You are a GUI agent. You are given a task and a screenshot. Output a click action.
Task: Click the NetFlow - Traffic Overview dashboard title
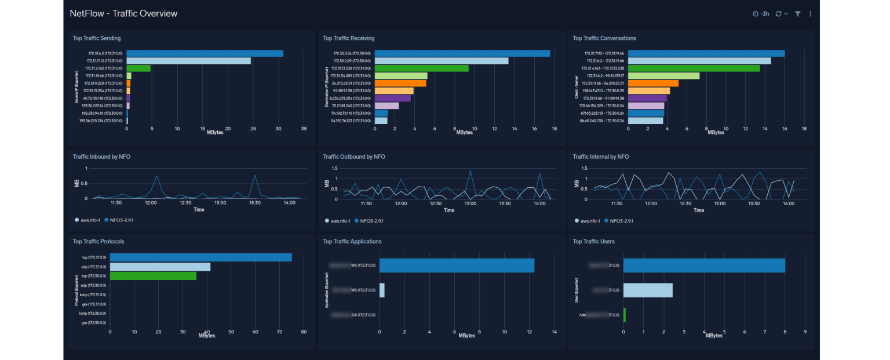pos(123,13)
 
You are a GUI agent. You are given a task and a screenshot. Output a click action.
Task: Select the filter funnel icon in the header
pos(797,14)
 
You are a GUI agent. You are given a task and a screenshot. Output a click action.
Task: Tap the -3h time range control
pos(761,14)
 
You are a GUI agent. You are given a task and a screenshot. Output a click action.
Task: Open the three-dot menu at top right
pos(810,14)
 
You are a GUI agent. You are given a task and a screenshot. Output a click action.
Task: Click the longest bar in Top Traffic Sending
pos(205,53)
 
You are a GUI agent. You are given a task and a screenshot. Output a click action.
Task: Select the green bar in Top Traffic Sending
pos(138,68)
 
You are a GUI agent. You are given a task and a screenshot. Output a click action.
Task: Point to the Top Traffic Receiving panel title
pos(349,38)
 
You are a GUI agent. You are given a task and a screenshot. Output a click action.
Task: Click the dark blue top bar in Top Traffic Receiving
pos(462,53)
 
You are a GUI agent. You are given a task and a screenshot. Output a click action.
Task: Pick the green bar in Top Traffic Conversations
pos(694,68)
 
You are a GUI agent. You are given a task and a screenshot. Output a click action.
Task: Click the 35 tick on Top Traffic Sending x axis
pos(304,129)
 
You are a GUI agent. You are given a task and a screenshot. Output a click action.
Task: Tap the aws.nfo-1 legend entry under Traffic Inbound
pos(90,220)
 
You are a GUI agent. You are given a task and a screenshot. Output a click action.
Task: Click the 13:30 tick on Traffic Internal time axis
pos(754,203)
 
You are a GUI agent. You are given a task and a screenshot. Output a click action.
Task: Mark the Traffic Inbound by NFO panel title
pos(103,157)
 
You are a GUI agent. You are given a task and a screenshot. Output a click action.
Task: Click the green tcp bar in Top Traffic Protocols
pos(153,276)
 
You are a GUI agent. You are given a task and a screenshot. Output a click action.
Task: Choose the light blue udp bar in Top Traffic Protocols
pos(160,267)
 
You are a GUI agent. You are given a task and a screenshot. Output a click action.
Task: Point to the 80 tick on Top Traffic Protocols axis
pos(304,332)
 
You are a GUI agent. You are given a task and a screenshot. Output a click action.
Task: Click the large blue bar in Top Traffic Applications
pos(457,266)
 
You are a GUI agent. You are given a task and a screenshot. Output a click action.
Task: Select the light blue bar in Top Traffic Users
pos(648,290)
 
